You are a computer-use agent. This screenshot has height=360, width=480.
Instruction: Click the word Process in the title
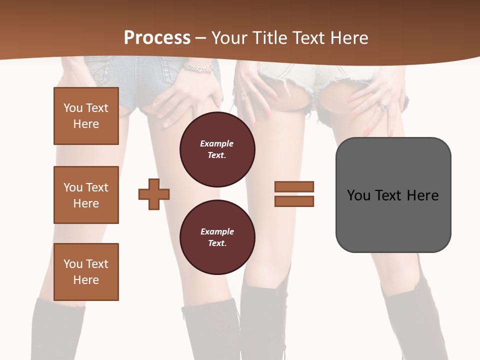point(157,38)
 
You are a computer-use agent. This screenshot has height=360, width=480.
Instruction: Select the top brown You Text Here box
point(86,116)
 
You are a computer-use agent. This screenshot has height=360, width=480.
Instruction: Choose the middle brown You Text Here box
point(86,195)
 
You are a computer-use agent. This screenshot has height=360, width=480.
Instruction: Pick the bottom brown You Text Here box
point(86,271)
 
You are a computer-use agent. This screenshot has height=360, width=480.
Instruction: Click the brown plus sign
point(154,193)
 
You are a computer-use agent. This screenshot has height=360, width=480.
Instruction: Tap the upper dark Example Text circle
point(217,149)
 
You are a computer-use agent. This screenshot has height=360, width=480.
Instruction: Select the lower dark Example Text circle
point(217,237)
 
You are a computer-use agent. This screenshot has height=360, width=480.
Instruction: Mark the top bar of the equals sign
point(294,186)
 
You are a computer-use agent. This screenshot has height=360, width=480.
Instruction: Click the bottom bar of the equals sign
point(294,201)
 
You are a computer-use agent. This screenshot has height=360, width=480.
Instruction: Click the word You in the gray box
point(358,195)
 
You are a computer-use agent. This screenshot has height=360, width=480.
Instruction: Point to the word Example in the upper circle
point(217,143)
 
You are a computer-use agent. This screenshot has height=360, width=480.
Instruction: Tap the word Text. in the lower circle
point(217,243)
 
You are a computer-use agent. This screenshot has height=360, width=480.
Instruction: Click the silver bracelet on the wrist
point(198,66)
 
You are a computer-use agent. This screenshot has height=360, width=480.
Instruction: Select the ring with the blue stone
point(382,106)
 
